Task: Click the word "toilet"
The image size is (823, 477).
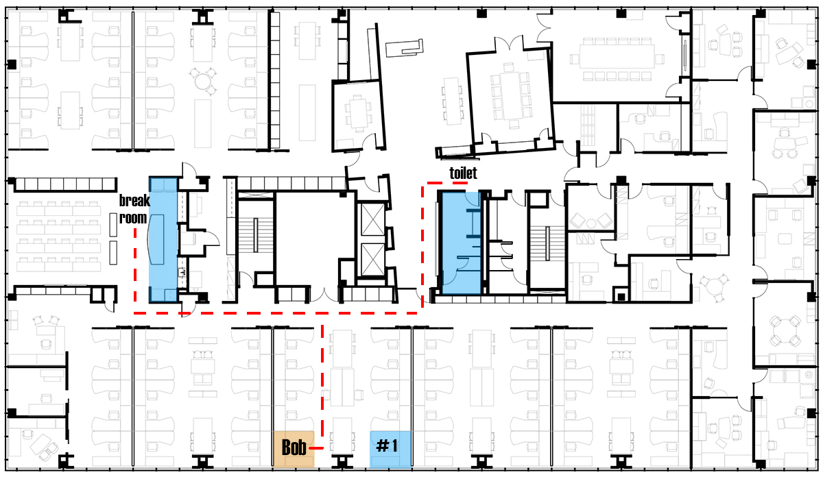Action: point(464,173)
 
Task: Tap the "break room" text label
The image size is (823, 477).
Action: point(134,209)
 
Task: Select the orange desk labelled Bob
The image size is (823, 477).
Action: point(294,449)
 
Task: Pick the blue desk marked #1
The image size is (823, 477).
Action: point(390,449)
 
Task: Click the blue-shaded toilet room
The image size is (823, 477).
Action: point(461,243)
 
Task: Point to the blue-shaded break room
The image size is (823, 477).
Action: point(163,240)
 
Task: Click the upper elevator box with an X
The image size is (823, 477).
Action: point(372,219)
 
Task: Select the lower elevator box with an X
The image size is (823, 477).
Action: point(372,260)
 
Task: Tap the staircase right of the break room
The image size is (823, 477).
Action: point(256,235)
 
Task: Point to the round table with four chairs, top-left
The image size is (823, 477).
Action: point(202,81)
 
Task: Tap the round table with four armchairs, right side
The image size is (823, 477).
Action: point(785,330)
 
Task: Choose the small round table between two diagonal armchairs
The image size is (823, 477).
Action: point(591,223)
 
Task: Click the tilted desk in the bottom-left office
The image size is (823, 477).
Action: point(40,445)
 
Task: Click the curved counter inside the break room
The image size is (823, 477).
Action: point(156,239)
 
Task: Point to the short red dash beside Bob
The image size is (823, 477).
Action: point(316,448)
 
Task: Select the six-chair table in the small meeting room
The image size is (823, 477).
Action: point(357,112)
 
